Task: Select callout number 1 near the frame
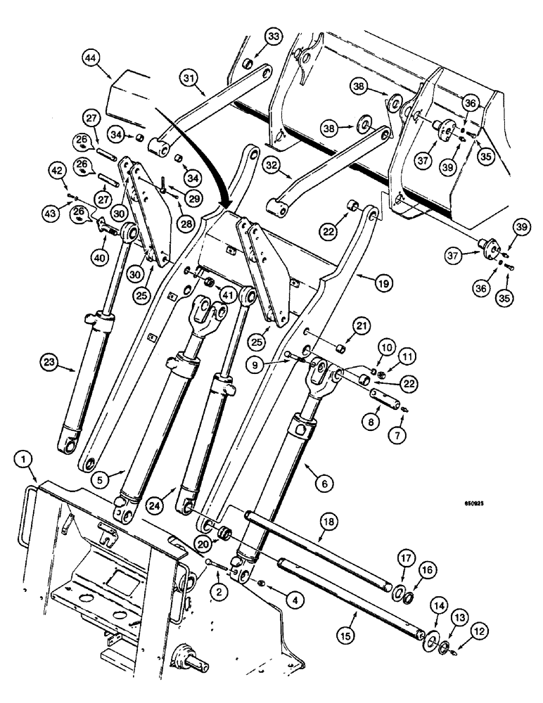(25, 460)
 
